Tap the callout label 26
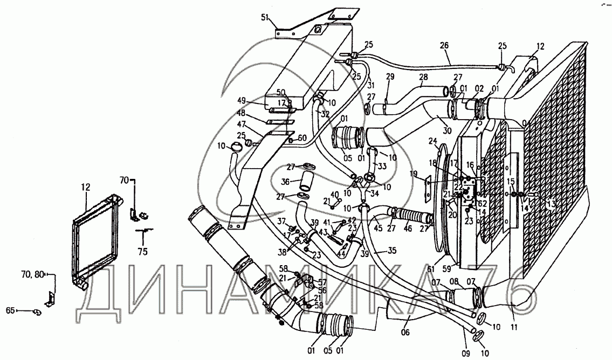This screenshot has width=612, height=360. tap(444, 46)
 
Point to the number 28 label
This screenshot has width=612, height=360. tap(423, 77)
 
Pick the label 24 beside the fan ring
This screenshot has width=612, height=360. tap(432, 142)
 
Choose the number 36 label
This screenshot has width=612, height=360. tap(285, 182)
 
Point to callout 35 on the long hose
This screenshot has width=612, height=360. tap(392, 251)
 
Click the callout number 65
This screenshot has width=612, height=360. tap(10, 310)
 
